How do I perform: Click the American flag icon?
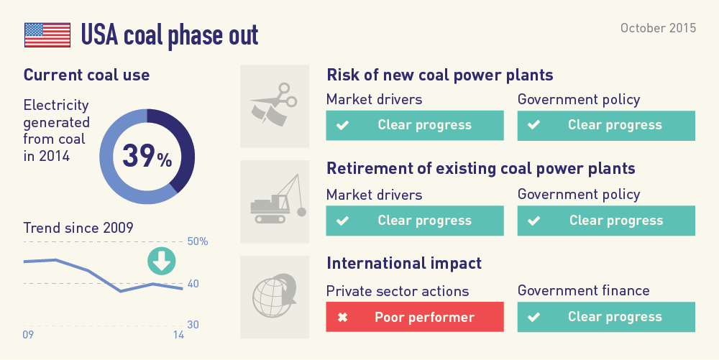[x=47, y=34]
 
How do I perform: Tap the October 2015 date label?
[x=658, y=28]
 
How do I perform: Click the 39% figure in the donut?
[x=147, y=156]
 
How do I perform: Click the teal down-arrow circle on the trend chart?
[x=161, y=261]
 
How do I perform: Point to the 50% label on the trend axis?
[x=198, y=241]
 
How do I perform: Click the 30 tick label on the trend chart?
[x=193, y=325]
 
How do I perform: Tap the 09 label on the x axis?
[x=28, y=335]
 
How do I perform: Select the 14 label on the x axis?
[x=178, y=335]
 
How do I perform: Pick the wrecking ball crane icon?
[x=278, y=199]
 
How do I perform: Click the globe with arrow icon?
[x=274, y=295]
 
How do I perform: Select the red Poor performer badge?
[x=415, y=316]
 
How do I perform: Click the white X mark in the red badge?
[x=342, y=317]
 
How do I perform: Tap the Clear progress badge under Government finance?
[x=606, y=316]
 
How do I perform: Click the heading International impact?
[x=404, y=264]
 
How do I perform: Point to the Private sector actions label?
[x=398, y=291]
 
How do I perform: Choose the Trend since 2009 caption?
[x=78, y=228]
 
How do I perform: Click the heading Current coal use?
[x=87, y=75]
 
